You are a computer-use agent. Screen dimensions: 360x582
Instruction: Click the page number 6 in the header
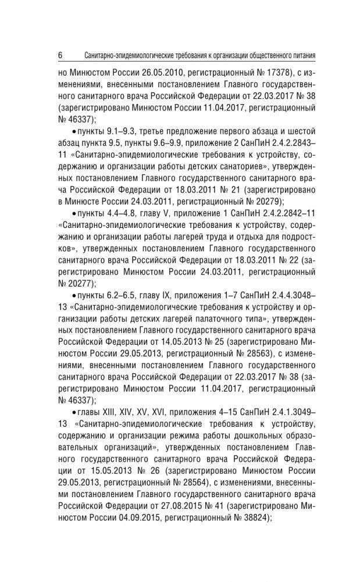(x=60, y=56)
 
